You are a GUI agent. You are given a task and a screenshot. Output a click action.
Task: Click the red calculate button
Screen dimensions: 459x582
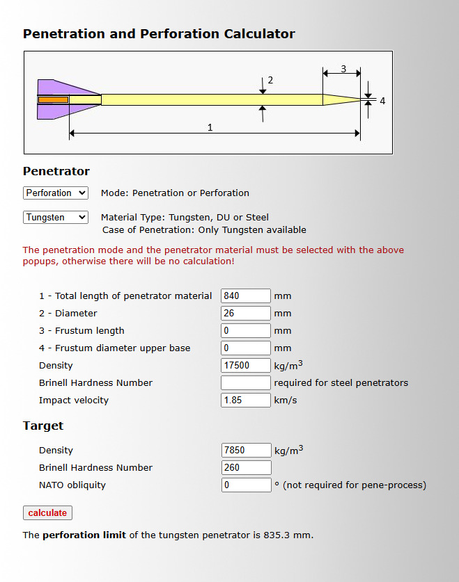pos(47,512)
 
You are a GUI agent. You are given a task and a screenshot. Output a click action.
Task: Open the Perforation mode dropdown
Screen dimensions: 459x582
pos(56,193)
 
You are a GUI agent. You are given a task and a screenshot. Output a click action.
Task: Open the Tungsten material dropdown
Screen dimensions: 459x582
pos(56,217)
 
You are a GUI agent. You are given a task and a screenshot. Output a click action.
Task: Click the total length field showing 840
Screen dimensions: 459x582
pos(246,296)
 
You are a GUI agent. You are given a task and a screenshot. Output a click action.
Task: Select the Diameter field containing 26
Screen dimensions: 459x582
pos(246,314)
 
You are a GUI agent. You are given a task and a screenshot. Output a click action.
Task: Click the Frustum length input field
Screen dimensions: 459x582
pos(246,331)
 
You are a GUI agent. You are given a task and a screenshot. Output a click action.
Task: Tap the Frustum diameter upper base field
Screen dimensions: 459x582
pos(246,348)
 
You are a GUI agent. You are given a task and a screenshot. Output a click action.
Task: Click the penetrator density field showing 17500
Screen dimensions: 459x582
pos(246,366)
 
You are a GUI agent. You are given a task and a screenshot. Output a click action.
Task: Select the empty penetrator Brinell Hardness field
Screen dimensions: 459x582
pos(246,382)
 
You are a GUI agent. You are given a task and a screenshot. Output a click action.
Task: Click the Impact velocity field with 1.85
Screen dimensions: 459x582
pos(246,400)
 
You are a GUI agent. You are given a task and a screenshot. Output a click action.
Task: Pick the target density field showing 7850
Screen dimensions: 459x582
pos(247,451)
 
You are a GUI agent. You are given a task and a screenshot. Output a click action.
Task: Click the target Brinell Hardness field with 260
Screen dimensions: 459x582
pos(247,468)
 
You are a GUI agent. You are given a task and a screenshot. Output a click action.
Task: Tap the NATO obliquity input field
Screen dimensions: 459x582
pos(247,485)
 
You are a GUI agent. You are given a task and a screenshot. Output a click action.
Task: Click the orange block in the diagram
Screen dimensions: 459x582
pos(53,100)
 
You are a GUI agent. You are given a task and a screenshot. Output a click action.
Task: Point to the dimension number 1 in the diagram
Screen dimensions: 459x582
pos(210,128)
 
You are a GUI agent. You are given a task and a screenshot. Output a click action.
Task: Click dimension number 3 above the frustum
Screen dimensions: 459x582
pos(343,69)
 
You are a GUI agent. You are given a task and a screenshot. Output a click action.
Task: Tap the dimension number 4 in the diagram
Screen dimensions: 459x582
pos(382,101)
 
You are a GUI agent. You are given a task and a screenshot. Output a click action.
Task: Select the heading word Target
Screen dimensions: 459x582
pos(43,426)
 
